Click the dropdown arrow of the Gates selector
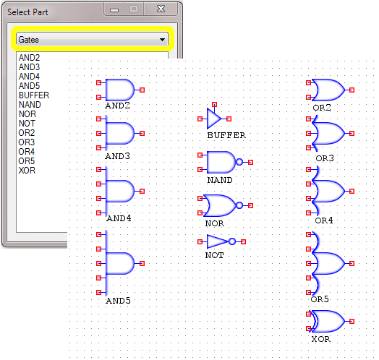tap(162, 40)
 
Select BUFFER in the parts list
tap(34, 95)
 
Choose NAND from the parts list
tap(30, 105)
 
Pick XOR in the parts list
tap(27, 171)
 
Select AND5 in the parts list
tap(29, 86)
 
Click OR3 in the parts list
tap(27, 142)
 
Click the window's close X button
tap(161, 9)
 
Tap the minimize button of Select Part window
tap(114, 9)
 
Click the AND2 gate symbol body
tap(120, 90)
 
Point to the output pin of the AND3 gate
tap(142, 133)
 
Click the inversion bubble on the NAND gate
tap(239, 162)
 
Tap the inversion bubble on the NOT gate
tap(232, 241)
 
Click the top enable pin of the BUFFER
tap(214, 104)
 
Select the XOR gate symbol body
tap(328, 322)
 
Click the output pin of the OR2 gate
tap(352, 90)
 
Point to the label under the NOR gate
tap(215, 223)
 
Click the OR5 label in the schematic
tap(320, 299)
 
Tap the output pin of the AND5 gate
tap(142, 263)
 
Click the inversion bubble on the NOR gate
tap(239, 205)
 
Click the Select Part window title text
tap(27, 12)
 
